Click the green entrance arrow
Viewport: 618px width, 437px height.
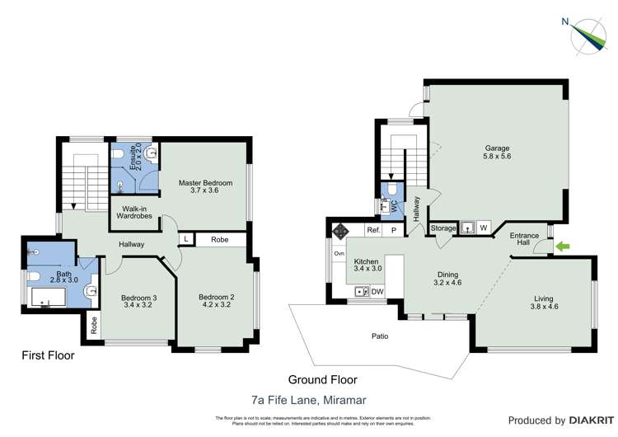564,246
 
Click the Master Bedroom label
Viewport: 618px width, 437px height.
205,186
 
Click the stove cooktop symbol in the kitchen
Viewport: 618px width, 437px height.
339,231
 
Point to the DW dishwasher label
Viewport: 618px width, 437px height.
378,292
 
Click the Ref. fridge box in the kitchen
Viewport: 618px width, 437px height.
373,231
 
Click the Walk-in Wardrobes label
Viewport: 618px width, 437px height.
135,214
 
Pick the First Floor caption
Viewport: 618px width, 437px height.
48,356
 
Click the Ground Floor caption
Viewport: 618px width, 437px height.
322,380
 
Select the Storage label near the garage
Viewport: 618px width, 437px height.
443,228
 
